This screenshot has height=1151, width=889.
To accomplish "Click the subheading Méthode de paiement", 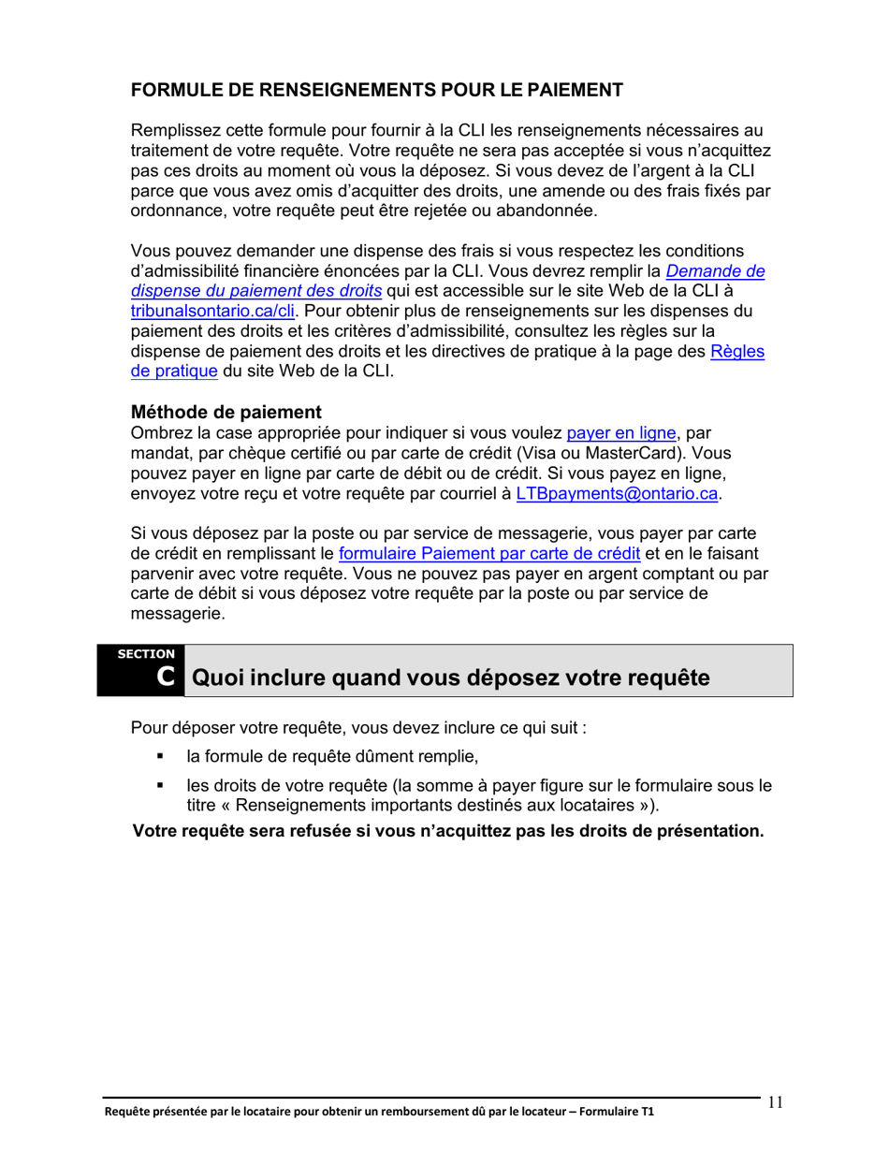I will pyautogui.click(x=226, y=413).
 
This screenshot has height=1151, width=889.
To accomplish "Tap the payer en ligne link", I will pyautogui.click(x=621, y=433).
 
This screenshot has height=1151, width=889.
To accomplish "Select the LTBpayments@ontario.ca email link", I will pyautogui.click(x=619, y=493).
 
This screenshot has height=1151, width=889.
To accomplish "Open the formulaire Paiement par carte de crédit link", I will pyautogui.click(x=488, y=554).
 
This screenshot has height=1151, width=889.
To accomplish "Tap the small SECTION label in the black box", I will pyautogui.click(x=145, y=653).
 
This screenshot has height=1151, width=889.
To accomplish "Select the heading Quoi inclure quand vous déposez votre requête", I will pyautogui.click(x=450, y=677).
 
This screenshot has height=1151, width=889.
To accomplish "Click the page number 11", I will pyautogui.click(x=775, y=1101).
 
